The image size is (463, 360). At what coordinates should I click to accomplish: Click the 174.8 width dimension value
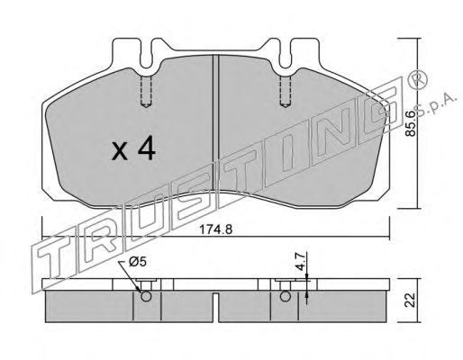pyautogui.click(x=216, y=229)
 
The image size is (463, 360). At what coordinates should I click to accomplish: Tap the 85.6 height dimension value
pyautogui.click(x=410, y=123)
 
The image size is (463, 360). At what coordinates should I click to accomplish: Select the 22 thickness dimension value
pyautogui.click(x=410, y=300)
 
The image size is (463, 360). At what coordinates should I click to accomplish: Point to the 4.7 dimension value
pyautogui.click(x=301, y=261)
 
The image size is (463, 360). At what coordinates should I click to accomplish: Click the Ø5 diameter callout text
pyautogui.click(x=138, y=262)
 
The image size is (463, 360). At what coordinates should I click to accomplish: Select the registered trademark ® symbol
pyautogui.click(x=417, y=80)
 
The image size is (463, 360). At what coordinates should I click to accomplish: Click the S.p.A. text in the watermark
pyautogui.click(x=436, y=105)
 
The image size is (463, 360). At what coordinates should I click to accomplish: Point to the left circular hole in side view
pyautogui.click(x=146, y=297)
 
